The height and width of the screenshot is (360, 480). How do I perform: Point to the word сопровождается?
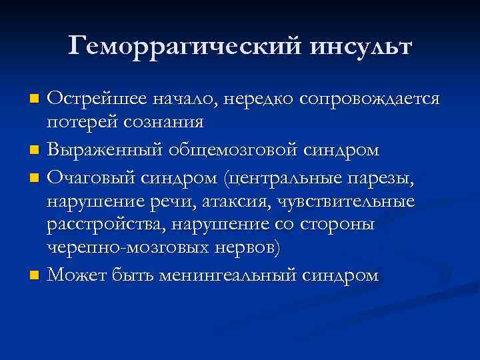(x=370, y=99)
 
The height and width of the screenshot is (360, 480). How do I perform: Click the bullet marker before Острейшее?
(x=35, y=99)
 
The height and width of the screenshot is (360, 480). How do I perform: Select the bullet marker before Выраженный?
(x=35, y=151)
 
